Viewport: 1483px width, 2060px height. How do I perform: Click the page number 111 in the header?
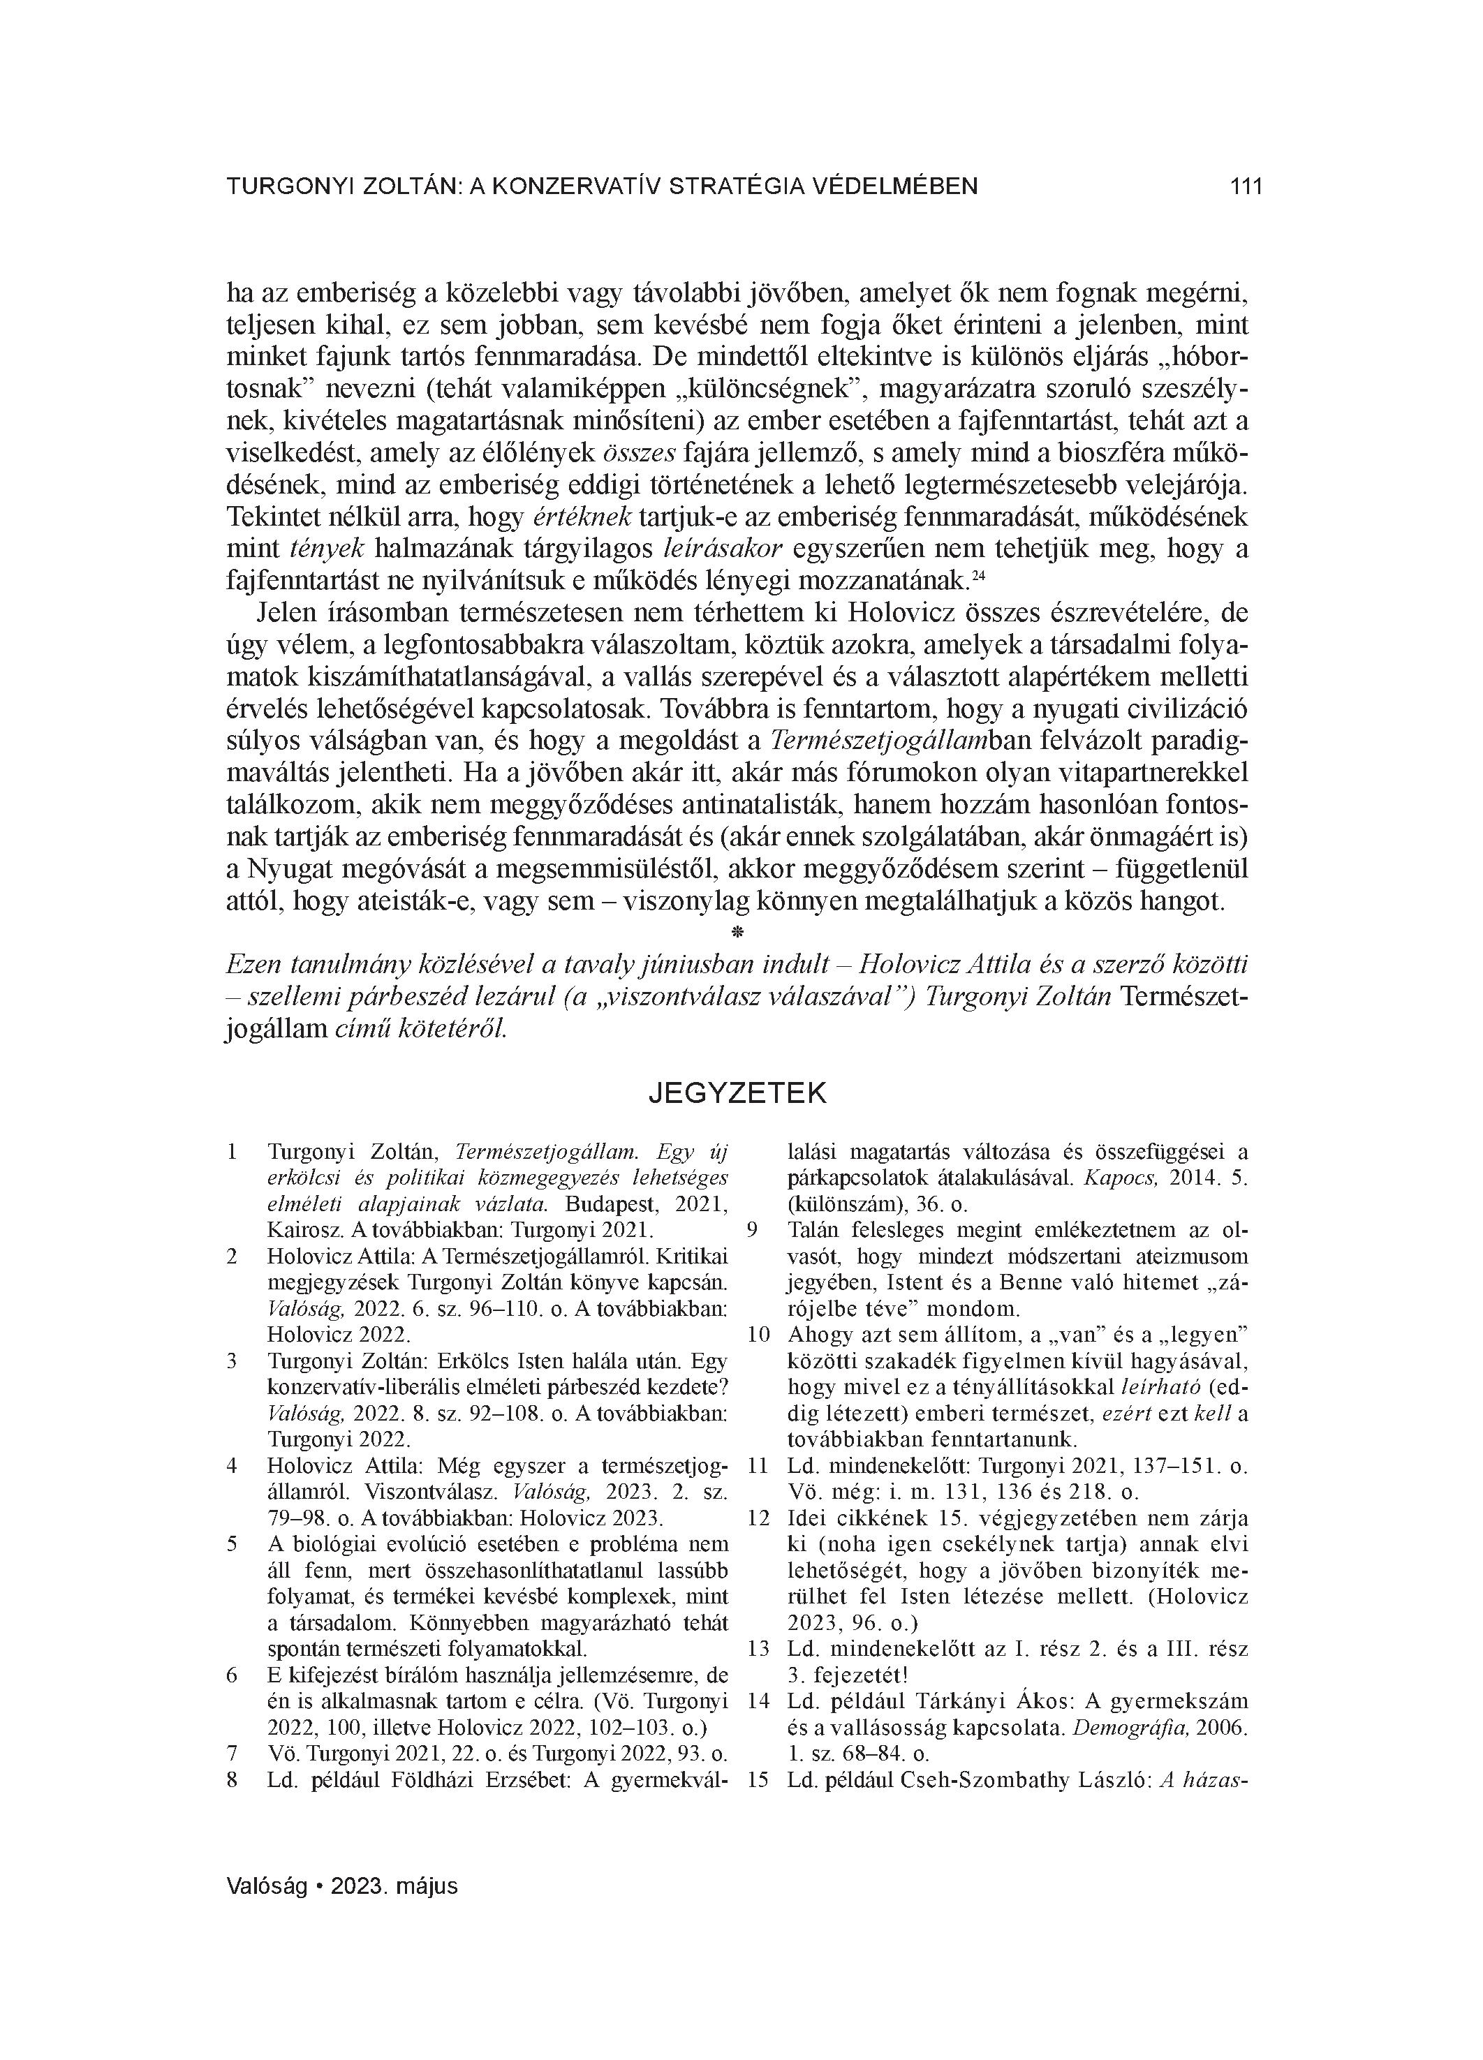[x=1245, y=187]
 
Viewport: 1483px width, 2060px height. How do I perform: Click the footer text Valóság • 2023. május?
[x=341, y=1885]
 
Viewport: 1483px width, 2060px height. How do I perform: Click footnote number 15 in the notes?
[x=757, y=1780]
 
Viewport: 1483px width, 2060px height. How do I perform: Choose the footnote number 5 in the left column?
[x=232, y=1544]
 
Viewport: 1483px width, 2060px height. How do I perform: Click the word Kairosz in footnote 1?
[x=299, y=1231]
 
